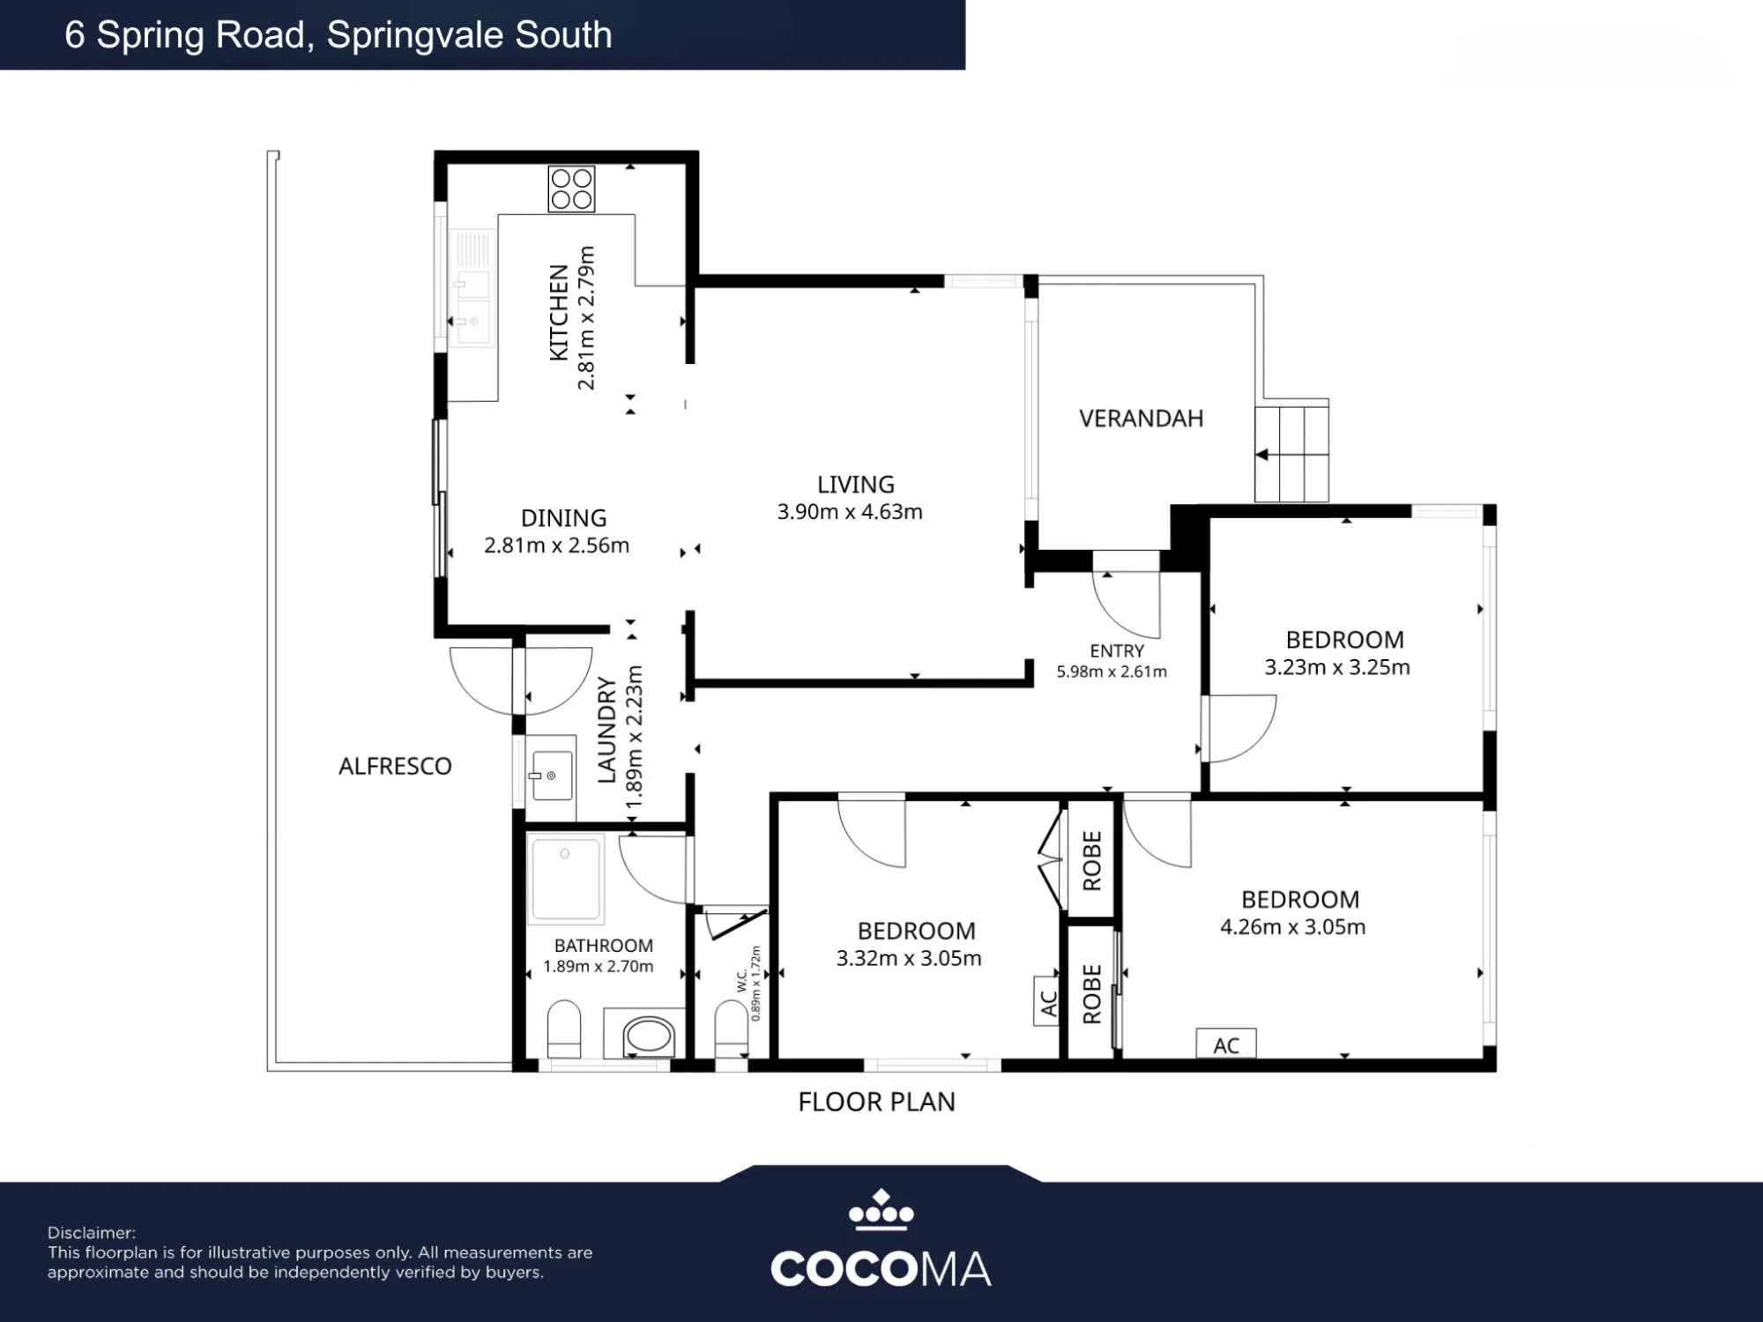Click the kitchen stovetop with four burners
coord(571,189)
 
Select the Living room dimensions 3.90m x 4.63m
coord(850,512)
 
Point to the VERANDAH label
coord(1142,419)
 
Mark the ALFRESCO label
coord(395,766)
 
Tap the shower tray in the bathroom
coord(566,879)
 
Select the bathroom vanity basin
coord(648,1035)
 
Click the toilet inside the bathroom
coord(564,1029)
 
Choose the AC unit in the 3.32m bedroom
coord(1046,1001)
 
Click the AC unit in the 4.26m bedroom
coord(1226,1044)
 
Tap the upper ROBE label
coord(1091,861)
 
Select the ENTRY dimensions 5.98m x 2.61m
coord(1112,672)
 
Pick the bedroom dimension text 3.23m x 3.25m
coord(1337,667)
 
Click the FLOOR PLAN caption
coord(876,1102)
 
